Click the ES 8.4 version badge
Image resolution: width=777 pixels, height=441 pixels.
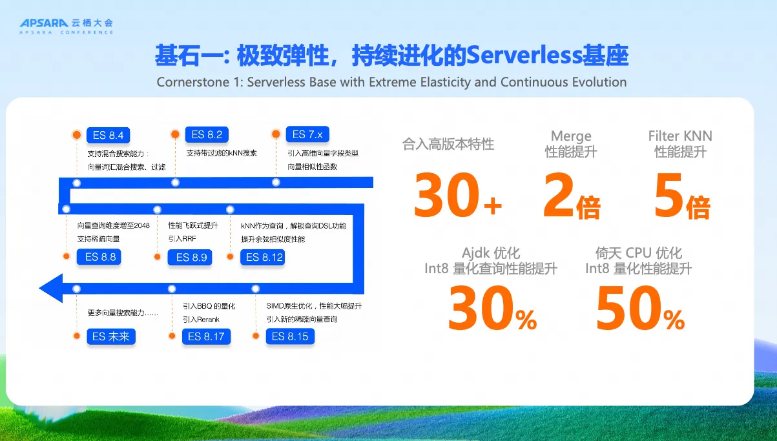coord(109,135)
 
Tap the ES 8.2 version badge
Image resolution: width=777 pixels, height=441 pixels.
coord(207,134)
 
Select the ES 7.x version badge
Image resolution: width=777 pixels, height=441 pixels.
coord(307,134)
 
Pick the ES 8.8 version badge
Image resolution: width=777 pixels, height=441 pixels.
coord(99,257)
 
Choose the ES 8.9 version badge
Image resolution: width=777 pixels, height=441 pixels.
coord(190,257)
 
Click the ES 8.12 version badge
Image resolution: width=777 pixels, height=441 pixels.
coord(263,257)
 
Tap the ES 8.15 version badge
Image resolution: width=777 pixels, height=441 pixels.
coord(290,336)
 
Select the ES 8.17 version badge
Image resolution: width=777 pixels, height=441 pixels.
coord(206,336)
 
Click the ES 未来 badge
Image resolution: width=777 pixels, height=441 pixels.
coord(111,336)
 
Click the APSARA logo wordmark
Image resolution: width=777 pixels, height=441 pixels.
coord(44,23)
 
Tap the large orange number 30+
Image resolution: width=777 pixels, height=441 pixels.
coord(458,195)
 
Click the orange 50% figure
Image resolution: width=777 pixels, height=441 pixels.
coord(640,308)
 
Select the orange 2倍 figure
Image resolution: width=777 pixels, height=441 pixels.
coord(572,196)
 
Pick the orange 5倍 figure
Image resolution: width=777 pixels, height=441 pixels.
coord(682,196)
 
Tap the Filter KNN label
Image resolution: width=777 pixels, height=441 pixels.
coord(680,136)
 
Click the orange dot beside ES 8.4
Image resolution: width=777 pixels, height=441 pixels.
coord(77,134)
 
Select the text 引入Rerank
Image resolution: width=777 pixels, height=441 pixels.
coord(201,320)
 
